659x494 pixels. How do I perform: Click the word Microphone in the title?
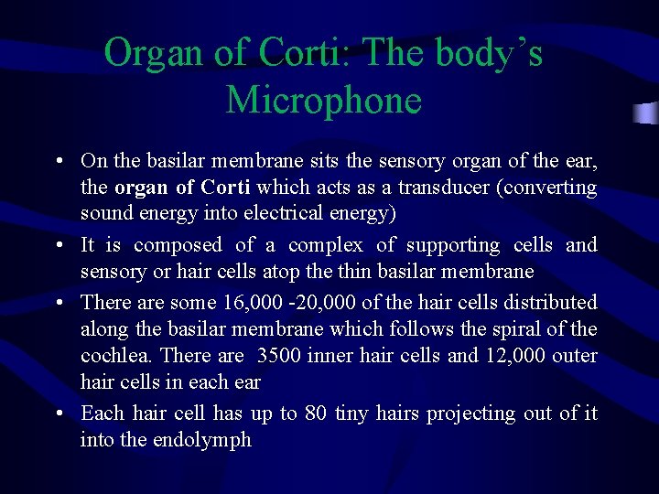(x=323, y=99)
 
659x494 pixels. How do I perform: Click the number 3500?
(x=280, y=355)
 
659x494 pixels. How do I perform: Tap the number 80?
(x=317, y=413)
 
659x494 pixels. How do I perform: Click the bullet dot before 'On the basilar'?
(x=59, y=162)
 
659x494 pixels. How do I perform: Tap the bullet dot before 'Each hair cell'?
(x=59, y=413)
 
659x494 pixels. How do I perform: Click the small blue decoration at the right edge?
(x=646, y=113)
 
